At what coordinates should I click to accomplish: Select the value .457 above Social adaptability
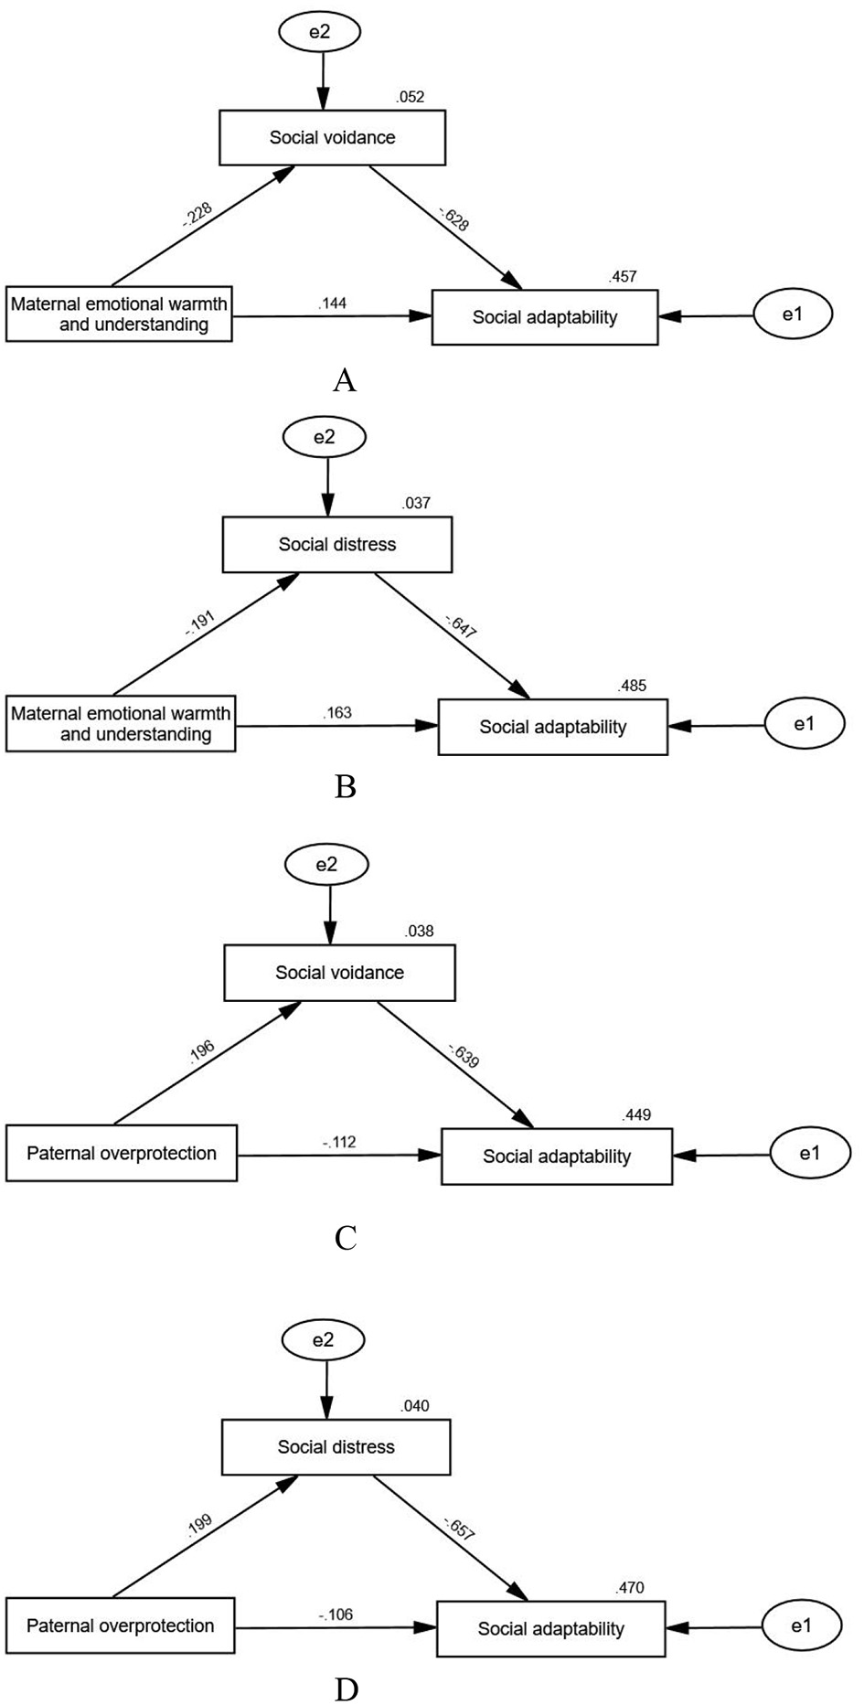[622, 277]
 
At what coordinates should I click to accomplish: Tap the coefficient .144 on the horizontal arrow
[332, 304]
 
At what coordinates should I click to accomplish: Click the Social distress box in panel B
[337, 545]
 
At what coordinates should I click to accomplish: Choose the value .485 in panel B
[632, 686]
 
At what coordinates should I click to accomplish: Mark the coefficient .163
[336, 712]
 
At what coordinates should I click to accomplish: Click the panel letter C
[346, 1238]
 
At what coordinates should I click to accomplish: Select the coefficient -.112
[338, 1142]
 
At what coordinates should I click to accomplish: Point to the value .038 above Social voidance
[419, 932]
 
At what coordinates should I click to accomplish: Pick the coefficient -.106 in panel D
[336, 1615]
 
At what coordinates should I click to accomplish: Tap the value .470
[629, 1588]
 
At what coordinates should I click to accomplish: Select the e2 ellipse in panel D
[323, 1341]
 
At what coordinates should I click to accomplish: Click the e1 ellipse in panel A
[793, 315]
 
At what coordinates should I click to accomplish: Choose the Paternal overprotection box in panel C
[122, 1154]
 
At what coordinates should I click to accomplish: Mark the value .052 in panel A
[410, 97]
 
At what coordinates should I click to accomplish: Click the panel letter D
[347, 1690]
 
